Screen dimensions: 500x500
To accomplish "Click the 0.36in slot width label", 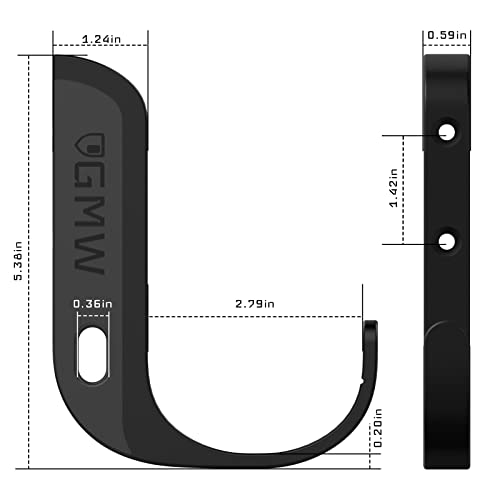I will [90, 303].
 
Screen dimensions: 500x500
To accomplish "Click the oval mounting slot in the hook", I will [90, 353].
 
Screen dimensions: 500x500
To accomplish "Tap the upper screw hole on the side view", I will [447, 132].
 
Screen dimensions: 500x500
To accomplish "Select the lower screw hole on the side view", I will [447, 241].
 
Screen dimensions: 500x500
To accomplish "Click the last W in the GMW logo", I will [89, 258].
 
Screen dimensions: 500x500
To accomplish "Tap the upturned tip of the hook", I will [370, 330].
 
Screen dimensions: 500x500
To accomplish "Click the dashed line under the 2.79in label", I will [255, 318].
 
